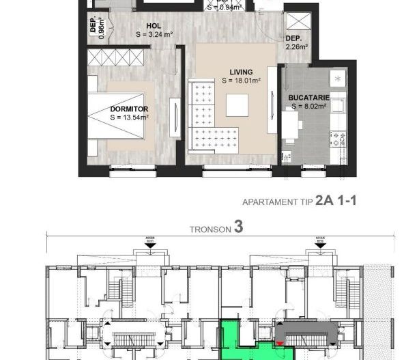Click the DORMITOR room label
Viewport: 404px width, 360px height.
pyautogui.click(x=128, y=109)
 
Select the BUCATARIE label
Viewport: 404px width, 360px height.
pyautogui.click(x=308, y=98)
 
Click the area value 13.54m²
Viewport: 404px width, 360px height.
pyautogui.click(x=130, y=117)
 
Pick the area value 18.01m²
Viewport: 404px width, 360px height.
pyautogui.click(x=242, y=81)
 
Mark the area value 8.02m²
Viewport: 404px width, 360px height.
pyautogui.click(x=309, y=107)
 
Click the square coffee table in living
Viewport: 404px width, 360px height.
pyautogui.click(x=237, y=105)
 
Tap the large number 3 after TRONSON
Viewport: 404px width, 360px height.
pyautogui.click(x=238, y=227)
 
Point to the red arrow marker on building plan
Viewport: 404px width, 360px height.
pyautogui.click(x=280, y=343)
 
